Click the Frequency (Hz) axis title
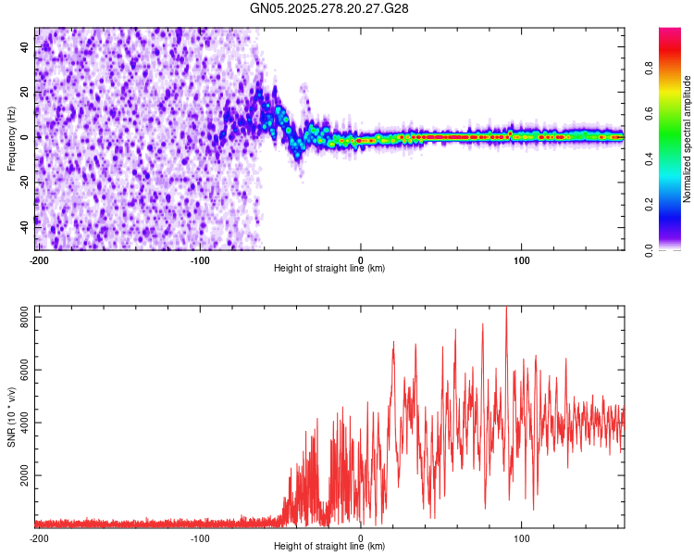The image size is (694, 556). (11, 139)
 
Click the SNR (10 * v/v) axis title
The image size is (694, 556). (11, 417)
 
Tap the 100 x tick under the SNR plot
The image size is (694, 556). (522, 537)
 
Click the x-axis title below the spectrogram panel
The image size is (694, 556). (329, 268)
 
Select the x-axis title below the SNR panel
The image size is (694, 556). (329, 546)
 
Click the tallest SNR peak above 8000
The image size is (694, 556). (505, 309)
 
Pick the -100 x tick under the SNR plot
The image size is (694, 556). (200, 537)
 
